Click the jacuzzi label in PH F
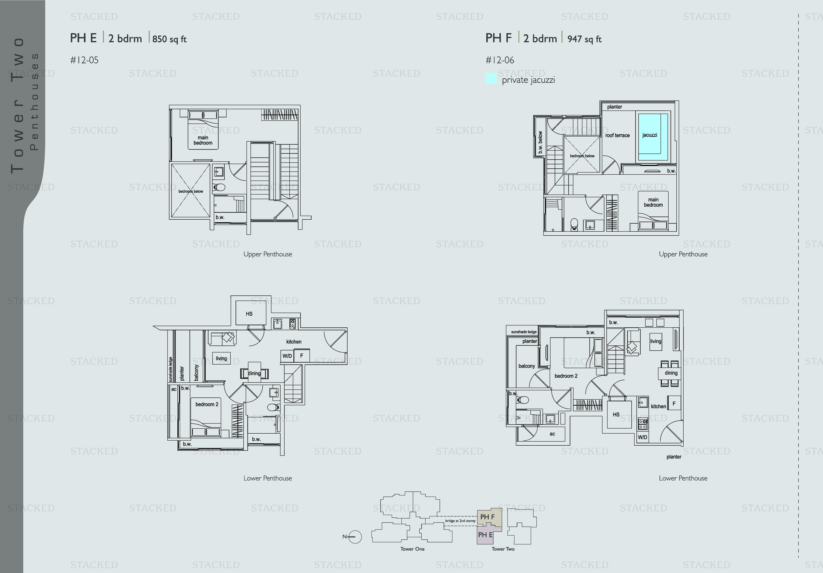point(650,135)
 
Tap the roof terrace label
point(617,135)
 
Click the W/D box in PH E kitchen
point(287,356)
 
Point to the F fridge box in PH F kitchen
point(674,403)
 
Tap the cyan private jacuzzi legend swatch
point(491,79)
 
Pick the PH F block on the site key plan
point(489,517)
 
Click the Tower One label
point(412,549)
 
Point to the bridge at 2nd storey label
point(460,521)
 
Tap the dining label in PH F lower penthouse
point(671,373)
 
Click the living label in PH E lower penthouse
point(221,358)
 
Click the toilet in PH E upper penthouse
point(219,187)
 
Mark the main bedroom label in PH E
point(203,140)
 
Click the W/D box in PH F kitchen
point(642,437)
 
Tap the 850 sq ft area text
point(170,39)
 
